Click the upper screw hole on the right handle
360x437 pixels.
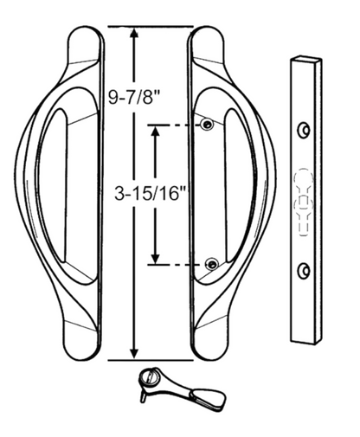(x=207, y=126)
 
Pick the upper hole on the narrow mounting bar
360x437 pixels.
(x=302, y=130)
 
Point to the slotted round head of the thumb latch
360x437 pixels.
(x=148, y=377)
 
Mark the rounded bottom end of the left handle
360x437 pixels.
(x=85, y=350)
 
